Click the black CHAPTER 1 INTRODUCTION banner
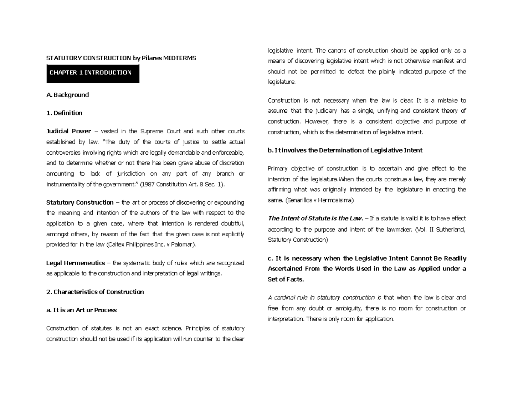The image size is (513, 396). coord(93,73)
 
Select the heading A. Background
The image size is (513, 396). coord(68,95)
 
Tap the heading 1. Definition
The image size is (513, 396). coord(64,113)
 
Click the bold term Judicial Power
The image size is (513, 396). coord(68,131)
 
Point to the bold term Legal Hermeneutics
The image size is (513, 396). coord(75,263)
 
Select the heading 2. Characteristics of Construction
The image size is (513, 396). coord(95,292)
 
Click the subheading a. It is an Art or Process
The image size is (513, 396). coord(81,310)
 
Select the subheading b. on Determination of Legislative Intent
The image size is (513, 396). coord(345,150)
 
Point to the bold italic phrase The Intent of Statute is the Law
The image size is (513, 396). coord(315,218)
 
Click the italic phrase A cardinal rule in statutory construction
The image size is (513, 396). coord(324,298)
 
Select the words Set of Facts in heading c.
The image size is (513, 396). coord(286,279)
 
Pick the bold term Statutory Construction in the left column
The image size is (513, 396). coord(80,202)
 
